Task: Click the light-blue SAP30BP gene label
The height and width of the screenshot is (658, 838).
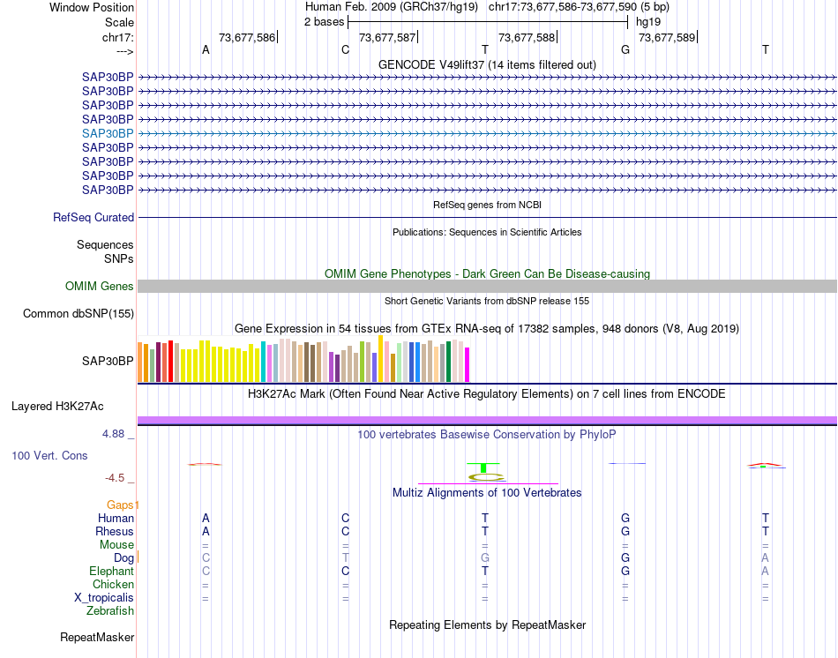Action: [x=108, y=133]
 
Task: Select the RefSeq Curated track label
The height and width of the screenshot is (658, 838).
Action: [x=94, y=218]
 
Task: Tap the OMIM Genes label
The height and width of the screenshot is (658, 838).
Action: [x=100, y=287]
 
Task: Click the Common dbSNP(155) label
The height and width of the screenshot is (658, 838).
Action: [x=79, y=314]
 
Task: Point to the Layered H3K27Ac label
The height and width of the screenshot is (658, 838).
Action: [x=57, y=407]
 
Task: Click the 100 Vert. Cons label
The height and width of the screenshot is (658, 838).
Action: [x=49, y=456]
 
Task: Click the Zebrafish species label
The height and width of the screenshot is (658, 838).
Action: [x=110, y=611]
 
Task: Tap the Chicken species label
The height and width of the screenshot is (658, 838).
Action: [x=113, y=585]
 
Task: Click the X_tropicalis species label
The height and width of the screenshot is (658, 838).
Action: [x=104, y=598]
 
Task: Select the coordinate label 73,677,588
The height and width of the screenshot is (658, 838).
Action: [x=527, y=38]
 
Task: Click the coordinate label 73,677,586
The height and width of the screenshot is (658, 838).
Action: [x=247, y=38]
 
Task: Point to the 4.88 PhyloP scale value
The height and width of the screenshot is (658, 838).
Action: [x=115, y=434]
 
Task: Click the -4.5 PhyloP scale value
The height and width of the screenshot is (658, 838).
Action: [x=116, y=478]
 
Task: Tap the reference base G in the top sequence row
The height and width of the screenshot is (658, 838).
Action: [x=625, y=50]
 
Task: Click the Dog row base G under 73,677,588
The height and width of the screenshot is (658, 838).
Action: [x=485, y=558]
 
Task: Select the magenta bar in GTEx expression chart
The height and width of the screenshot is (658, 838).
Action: [x=468, y=365]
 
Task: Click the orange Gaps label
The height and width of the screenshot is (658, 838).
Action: [x=123, y=505]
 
